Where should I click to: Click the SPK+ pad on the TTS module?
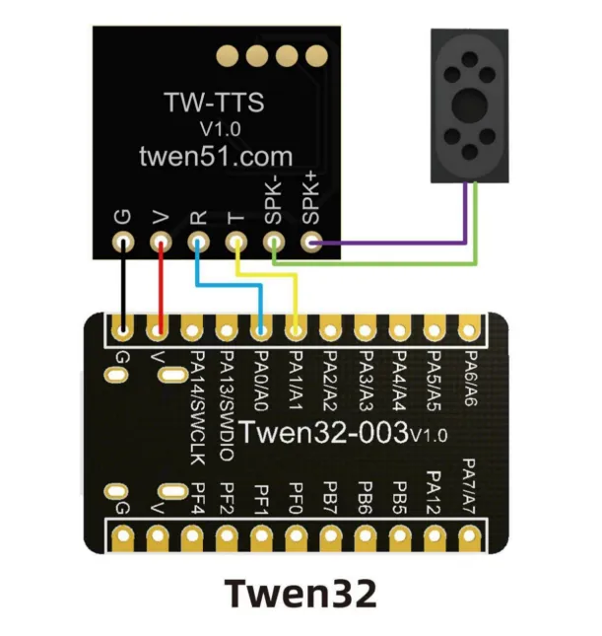pos(312,242)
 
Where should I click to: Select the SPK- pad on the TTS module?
pos(274,242)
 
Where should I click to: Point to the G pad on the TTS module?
pos(123,242)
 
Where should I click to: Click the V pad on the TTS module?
pos(161,242)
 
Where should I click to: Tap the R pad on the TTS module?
pos(198,242)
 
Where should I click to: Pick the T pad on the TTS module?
pos(235,242)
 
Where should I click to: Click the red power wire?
pos(161,286)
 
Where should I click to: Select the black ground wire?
pos(123,286)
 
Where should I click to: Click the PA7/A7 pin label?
pos(469,483)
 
